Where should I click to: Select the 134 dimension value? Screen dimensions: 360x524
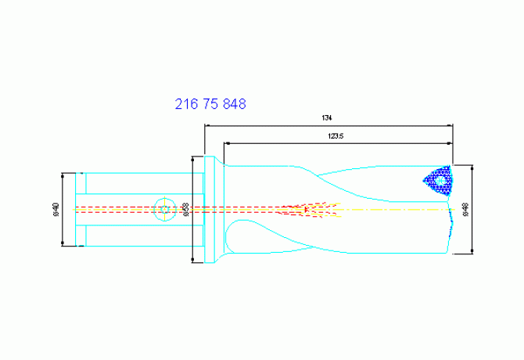coord(327,118)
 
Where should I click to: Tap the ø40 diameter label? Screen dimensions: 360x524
coord(56,210)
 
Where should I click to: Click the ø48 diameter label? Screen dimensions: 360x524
coord(466,210)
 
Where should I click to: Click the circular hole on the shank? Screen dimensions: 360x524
coord(164,210)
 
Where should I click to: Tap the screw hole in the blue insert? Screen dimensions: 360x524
coord(440,181)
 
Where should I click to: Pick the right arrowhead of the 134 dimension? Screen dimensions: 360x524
coord(450,126)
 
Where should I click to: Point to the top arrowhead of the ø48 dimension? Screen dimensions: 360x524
coord(474,167)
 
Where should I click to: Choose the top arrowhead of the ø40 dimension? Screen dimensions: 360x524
coord(63,175)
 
